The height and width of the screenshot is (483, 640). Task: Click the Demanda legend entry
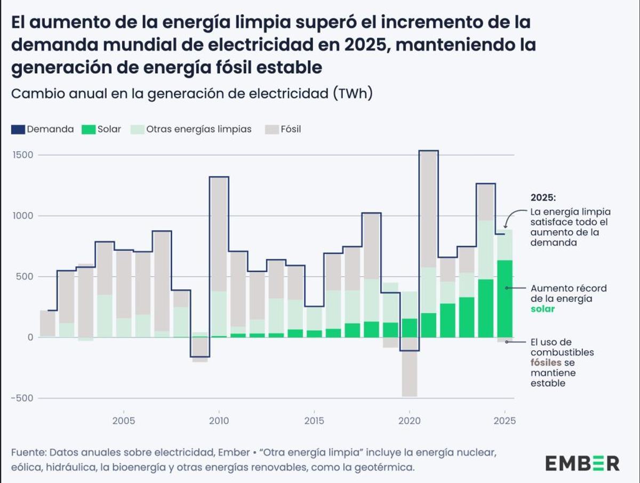(43, 129)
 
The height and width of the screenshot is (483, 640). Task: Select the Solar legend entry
(101, 129)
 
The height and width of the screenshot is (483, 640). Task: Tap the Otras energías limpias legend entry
(191, 129)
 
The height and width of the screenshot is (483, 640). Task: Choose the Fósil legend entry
(283, 129)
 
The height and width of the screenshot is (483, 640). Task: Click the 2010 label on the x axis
(219, 421)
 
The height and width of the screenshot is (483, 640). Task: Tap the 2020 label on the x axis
(409, 421)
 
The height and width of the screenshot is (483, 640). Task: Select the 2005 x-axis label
(124, 421)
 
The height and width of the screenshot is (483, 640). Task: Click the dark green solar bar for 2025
(505, 298)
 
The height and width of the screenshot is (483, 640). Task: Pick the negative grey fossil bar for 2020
(409, 373)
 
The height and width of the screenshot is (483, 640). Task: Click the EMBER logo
(582, 463)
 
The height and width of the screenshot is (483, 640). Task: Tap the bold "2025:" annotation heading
(543, 197)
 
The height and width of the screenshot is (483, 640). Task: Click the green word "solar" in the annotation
(543, 309)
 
